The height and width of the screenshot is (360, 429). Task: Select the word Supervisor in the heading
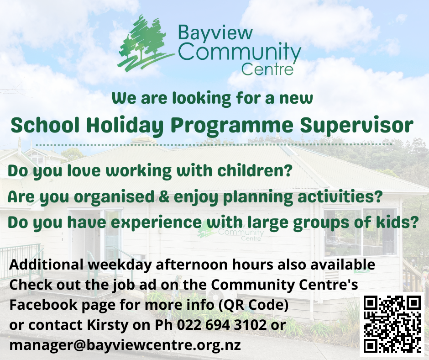click(356, 126)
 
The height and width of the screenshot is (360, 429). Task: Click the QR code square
click(392, 324)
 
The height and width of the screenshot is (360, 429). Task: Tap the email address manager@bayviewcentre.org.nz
click(125, 345)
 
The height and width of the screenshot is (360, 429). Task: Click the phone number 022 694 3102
click(222, 325)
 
